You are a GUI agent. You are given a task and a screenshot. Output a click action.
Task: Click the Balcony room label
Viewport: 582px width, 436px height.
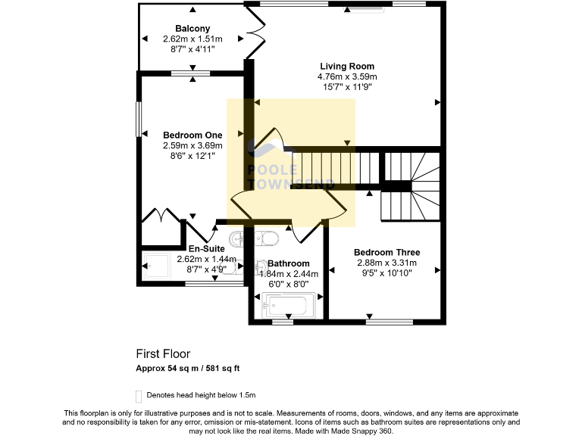click(x=192, y=29)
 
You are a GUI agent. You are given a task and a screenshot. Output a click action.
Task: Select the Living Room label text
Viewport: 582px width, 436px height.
click(x=347, y=67)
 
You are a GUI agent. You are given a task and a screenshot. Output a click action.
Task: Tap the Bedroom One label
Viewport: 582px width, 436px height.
click(x=192, y=135)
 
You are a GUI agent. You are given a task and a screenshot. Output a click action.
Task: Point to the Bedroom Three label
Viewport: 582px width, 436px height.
click(x=387, y=253)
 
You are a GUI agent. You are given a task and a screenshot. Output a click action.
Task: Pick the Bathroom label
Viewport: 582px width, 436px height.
click(x=289, y=263)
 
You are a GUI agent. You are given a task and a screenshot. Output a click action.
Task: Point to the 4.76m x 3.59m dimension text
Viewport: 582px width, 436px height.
click(x=347, y=76)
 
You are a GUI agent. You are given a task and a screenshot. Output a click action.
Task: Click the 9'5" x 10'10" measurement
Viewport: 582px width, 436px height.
click(x=387, y=273)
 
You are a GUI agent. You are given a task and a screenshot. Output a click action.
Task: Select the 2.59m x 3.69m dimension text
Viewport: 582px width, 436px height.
click(x=192, y=145)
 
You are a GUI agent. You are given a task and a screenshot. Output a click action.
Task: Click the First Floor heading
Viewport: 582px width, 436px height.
click(x=163, y=353)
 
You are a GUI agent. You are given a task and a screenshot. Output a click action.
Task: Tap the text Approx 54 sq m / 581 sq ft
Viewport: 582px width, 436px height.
click(x=188, y=369)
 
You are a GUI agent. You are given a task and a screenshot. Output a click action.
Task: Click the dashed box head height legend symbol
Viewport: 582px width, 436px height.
click(x=139, y=395)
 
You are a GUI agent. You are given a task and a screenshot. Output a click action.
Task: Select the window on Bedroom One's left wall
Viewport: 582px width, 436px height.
click(x=139, y=120)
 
